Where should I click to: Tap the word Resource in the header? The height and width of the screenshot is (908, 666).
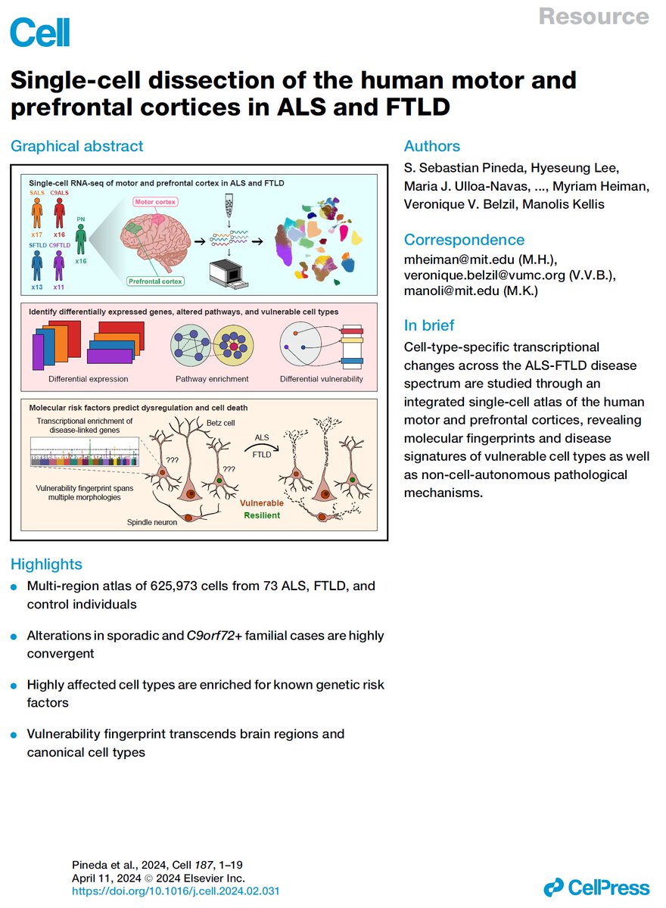593,17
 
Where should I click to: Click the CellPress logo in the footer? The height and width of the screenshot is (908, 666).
597,888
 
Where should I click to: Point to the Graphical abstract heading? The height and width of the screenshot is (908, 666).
76,146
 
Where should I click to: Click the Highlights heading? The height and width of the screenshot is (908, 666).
46,564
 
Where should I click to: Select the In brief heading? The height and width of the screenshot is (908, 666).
429,325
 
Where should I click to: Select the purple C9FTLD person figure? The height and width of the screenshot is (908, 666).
59,267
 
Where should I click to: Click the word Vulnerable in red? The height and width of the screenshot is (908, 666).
263,502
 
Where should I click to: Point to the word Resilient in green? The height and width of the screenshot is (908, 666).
261,515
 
